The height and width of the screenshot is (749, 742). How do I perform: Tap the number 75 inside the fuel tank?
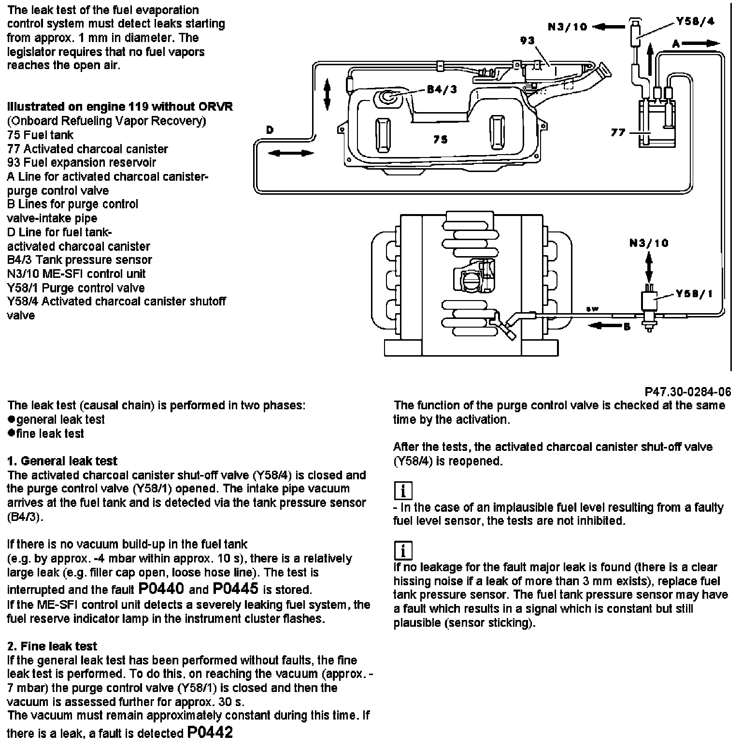[x=440, y=139]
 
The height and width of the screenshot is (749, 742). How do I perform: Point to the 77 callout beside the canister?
[x=618, y=132]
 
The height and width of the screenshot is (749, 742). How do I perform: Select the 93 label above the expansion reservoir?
[x=527, y=41]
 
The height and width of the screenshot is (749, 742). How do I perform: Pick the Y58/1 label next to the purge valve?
[x=695, y=294]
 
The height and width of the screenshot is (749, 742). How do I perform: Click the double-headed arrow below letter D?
[x=291, y=153]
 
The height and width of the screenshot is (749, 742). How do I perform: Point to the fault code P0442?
[x=210, y=733]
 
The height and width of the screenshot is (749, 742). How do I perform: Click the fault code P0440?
[x=161, y=589]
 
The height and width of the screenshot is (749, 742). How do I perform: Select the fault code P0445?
[x=235, y=589]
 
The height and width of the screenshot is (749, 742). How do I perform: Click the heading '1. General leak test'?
[x=62, y=461]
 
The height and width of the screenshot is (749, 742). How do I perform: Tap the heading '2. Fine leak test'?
[x=52, y=646]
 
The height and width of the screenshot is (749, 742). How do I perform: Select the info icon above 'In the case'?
[x=403, y=491]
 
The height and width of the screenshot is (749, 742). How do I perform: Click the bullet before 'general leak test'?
[x=12, y=419]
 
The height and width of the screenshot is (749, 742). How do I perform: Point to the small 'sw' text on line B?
[x=590, y=308]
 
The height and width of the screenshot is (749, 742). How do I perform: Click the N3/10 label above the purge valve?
[x=649, y=243]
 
